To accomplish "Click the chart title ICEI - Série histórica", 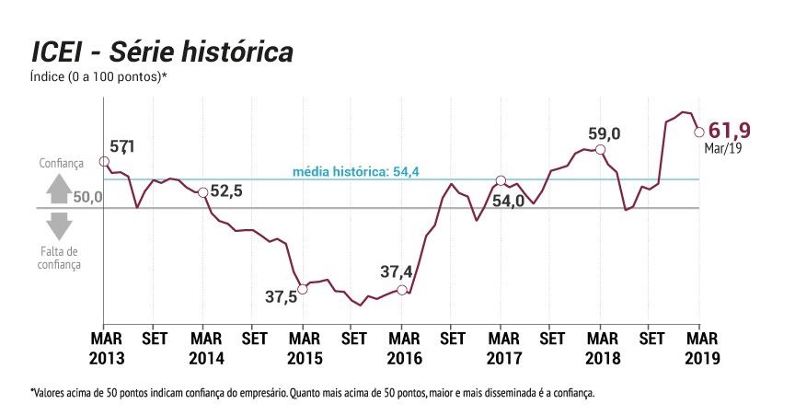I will coord(163,52).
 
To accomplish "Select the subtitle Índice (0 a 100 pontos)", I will coord(98,76).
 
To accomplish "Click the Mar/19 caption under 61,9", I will coord(723,148).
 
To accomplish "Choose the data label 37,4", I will coord(401,271).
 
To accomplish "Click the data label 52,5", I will coord(226,190).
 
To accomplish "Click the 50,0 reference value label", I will coord(86,197).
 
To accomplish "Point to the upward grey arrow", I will coord(59,188).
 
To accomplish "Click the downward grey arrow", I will coord(59,225).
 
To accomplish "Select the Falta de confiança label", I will coord(59,258).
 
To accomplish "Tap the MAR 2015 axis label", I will coord(303,348).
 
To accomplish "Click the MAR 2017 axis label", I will coord(501,348).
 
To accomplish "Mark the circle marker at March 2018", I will coord(600,149).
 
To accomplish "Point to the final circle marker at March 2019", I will coord(698,132).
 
